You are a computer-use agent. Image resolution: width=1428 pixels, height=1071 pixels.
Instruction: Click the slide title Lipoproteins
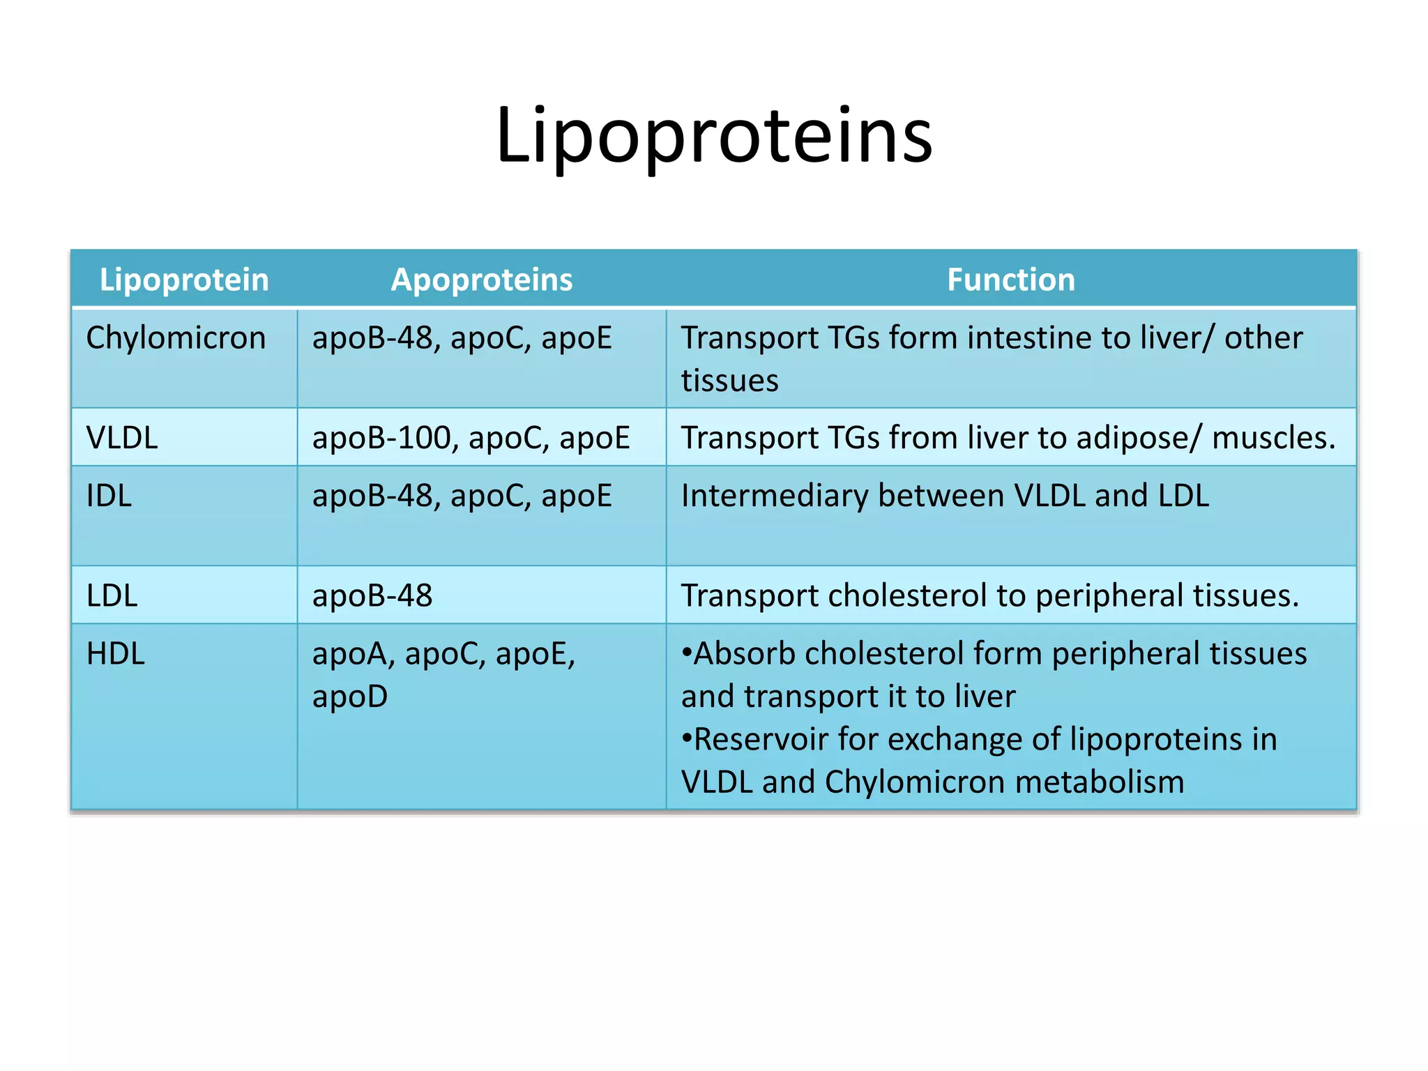coord(714,136)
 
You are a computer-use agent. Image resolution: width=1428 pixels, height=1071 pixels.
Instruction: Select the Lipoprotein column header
coord(184,280)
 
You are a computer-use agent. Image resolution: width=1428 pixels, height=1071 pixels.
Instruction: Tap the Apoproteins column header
coord(481,280)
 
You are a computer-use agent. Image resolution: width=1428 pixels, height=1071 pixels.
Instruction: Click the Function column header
coord(1010,280)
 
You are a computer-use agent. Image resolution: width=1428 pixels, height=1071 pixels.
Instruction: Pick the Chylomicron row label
coord(176,338)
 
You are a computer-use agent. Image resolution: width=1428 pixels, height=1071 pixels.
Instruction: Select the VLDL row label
coord(122,438)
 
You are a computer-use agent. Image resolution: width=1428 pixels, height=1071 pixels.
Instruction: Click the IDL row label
coord(109,496)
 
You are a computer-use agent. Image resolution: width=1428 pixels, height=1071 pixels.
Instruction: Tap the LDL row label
coord(112,596)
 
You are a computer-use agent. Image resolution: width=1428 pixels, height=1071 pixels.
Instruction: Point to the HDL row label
coord(115,654)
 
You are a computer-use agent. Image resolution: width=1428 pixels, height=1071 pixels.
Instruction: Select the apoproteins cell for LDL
coord(372,596)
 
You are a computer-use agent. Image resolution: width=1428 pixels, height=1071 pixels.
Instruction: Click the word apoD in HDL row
coord(350,697)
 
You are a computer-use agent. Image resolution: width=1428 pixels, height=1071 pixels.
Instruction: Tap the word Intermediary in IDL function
coord(773,496)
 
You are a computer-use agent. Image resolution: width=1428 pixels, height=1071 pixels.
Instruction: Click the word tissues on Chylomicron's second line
coord(729,381)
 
